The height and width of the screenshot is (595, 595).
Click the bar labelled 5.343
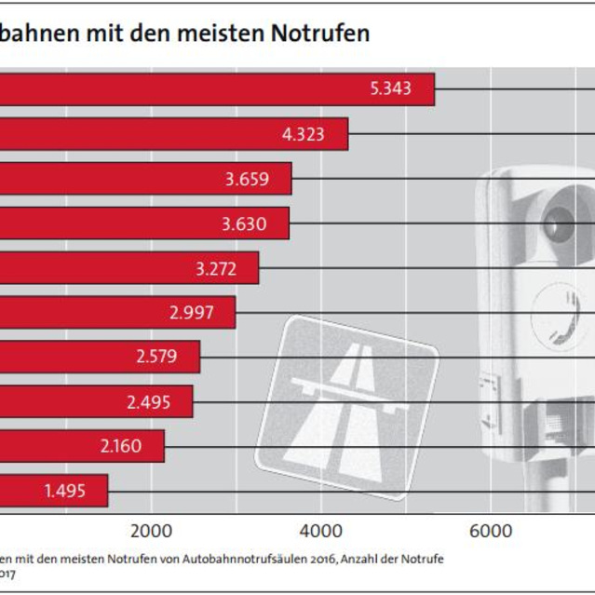tap(186, 89)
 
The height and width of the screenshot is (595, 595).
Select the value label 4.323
tap(303, 134)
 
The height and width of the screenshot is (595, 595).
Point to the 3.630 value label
tap(245, 223)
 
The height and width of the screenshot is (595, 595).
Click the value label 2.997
tap(193, 313)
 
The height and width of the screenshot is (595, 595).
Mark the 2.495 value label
tap(149, 401)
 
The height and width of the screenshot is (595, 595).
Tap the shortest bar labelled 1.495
tap(47, 491)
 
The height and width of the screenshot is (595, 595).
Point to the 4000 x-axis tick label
tap(320, 532)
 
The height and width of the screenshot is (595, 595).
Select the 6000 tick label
tap(490, 532)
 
